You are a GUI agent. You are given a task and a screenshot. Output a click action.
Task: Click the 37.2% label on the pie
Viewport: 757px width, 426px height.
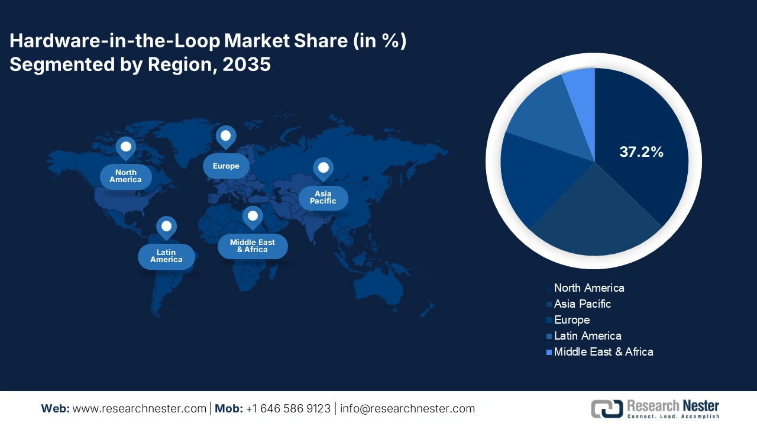coord(641,152)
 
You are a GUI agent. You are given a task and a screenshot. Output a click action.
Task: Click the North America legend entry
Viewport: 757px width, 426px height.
coord(588,288)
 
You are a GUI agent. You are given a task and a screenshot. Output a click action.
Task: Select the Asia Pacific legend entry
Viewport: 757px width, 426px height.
coord(582,304)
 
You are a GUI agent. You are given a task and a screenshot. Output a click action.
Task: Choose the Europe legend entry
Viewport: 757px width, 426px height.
coord(571,320)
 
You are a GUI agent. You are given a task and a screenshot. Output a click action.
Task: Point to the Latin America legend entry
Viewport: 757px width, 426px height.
coord(587,336)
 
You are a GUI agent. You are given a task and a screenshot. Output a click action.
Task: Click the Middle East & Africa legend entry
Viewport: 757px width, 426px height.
coord(603,352)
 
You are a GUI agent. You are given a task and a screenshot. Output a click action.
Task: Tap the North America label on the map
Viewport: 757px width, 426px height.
coord(125,176)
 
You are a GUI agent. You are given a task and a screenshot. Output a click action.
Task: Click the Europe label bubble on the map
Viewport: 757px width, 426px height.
coord(226,166)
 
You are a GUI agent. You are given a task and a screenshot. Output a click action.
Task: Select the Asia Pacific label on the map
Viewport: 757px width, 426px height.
coord(323,198)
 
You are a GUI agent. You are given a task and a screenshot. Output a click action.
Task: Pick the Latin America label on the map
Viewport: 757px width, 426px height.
coord(166,256)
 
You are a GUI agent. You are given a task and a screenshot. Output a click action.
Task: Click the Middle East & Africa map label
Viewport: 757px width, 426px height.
coord(253,246)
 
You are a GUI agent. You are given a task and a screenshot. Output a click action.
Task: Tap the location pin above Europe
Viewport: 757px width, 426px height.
coord(225,137)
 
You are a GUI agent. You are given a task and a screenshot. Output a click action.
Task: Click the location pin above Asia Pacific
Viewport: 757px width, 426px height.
coord(323,169)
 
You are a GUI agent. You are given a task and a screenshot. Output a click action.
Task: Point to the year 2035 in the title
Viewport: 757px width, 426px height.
coord(247,64)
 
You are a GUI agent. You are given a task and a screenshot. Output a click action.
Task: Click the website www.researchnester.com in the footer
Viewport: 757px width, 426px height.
coord(140,409)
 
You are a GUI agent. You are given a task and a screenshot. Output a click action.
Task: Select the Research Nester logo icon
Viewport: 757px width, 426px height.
coord(607,409)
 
